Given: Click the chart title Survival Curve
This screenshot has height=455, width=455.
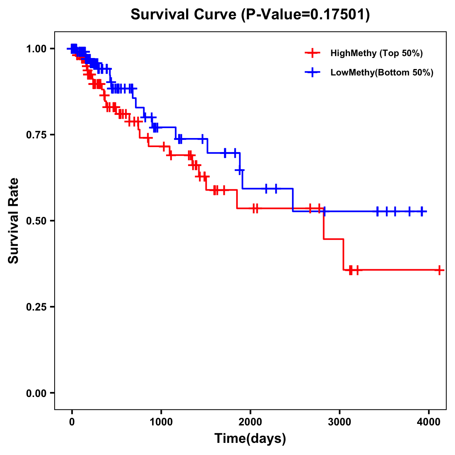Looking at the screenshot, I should click(184, 15).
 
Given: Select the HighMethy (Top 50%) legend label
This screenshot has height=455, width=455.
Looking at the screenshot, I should click(377, 53).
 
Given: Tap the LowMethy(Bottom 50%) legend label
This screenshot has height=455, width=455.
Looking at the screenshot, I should click(382, 73).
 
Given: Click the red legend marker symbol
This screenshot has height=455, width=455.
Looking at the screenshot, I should click(312, 53).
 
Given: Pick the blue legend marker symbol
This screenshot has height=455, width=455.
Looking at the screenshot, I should click(312, 73).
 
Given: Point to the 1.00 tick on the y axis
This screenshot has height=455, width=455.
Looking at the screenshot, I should click(36, 49).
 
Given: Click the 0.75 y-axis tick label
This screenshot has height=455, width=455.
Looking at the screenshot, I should click(36, 135).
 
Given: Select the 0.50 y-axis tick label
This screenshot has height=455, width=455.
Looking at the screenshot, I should click(36, 221).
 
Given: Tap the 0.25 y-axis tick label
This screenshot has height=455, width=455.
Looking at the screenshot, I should click(36, 307).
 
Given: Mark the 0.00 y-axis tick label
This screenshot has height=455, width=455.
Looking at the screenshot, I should click(36, 393).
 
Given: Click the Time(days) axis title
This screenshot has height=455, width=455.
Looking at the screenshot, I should click(250, 439).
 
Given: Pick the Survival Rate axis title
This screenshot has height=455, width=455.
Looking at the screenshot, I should click(14, 221).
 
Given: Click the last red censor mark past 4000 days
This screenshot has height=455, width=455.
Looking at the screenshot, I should click(439, 270).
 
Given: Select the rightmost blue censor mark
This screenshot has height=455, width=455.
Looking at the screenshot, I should click(422, 211).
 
